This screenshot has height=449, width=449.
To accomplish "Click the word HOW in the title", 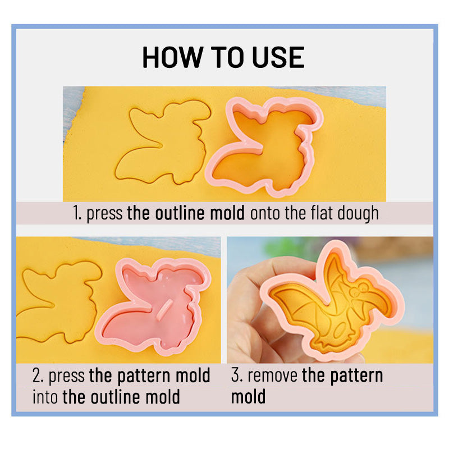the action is tap(172, 57).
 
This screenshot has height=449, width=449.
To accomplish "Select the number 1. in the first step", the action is tap(77, 213).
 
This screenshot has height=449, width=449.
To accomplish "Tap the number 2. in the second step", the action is tap(38, 375).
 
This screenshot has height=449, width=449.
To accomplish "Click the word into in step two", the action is tap(45, 397).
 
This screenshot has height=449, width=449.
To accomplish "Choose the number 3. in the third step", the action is tap(237, 375).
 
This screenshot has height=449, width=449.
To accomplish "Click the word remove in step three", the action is tap(272, 375).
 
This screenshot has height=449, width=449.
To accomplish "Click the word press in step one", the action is tap(104, 214).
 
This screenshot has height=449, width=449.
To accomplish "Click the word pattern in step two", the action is tap(143, 376).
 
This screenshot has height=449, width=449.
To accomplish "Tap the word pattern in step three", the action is tap(356, 376).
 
